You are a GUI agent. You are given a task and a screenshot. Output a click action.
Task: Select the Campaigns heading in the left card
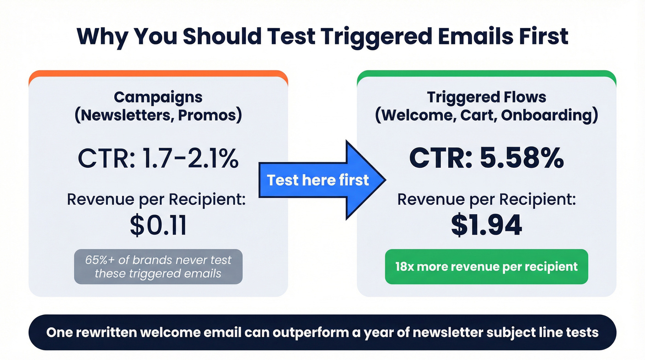(x=158, y=97)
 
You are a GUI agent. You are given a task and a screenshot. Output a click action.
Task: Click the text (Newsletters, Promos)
(x=158, y=115)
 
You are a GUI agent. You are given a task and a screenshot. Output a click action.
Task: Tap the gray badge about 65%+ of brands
(x=158, y=266)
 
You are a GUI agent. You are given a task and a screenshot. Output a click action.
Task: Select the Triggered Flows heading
(x=487, y=97)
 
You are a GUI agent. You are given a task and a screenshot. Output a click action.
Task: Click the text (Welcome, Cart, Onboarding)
(x=487, y=115)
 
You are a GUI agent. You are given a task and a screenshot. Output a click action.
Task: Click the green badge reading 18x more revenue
(x=487, y=266)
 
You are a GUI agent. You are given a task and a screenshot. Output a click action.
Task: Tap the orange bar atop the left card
(x=158, y=74)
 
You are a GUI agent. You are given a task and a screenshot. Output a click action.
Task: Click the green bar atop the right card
(x=487, y=74)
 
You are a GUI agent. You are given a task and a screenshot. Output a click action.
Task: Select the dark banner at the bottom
(x=322, y=332)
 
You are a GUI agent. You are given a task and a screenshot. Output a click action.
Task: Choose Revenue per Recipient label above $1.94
(x=487, y=200)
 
